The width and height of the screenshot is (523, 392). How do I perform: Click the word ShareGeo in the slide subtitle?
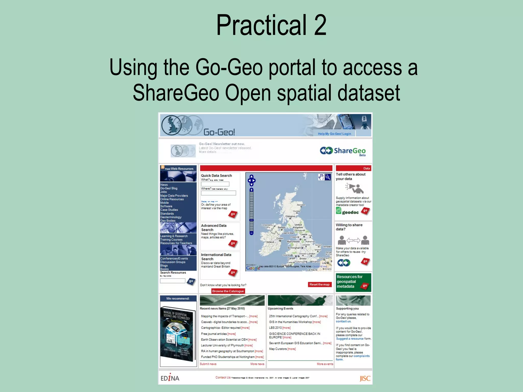click(176, 93)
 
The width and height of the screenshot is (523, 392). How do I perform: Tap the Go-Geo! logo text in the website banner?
click(219, 132)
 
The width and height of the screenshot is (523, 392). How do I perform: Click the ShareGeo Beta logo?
click(343, 151)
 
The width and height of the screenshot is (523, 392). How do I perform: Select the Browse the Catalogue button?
click(228, 291)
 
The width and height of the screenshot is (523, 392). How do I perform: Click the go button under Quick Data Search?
click(233, 214)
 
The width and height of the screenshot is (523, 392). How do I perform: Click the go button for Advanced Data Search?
click(233, 243)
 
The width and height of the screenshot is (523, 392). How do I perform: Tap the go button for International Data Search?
click(233, 273)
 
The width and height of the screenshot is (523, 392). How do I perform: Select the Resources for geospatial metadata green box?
click(353, 282)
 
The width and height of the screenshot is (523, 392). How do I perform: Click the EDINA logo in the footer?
click(170, 378)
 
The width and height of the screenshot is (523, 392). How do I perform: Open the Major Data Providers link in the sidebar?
click(174, 196)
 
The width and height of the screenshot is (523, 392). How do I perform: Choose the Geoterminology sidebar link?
click(171, 217)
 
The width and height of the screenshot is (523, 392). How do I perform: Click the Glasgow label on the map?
click(290, 216)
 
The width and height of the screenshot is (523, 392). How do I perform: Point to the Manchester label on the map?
click(293, 241)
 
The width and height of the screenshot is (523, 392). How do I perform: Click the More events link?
click(325, 364)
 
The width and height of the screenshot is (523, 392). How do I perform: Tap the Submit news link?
click(208, 364)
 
